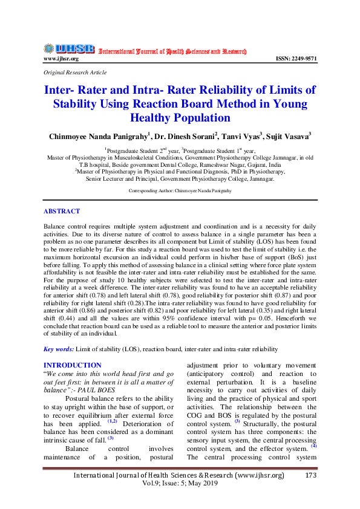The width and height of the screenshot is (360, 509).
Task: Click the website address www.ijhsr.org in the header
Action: pos(61,59)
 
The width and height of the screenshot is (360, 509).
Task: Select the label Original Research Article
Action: pos(75,73)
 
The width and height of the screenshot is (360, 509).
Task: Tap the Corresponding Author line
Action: pos(180,190)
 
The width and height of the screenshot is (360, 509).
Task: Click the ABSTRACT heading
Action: pos(62,212)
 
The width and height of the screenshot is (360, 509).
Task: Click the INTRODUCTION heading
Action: pos(73,365)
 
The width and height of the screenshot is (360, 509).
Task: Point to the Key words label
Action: pos(59,349)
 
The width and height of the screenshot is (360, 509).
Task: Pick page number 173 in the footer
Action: pos(312,476)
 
